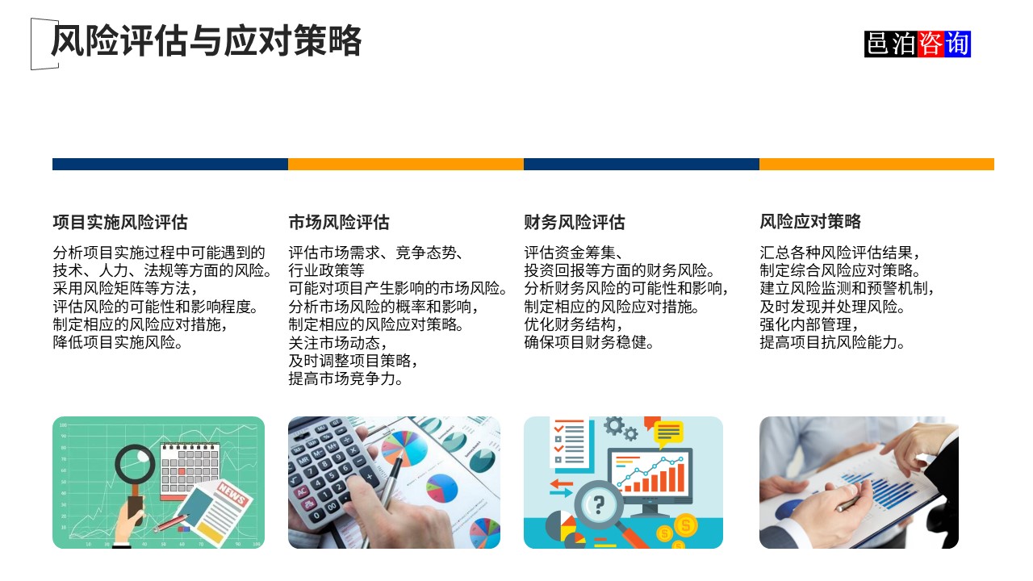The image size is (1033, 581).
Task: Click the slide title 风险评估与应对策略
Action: [x=206, y=41]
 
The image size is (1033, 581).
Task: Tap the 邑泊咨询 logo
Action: [x=917, y=44]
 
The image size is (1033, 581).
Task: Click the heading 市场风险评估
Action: [x=338, y=222]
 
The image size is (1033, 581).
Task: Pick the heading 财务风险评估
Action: [x=574, y=222]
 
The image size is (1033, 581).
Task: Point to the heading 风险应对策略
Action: [x=809, y=222]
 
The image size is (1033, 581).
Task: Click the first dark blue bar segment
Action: [x=169, y=164]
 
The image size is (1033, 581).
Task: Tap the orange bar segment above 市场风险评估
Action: [x=405, y=164]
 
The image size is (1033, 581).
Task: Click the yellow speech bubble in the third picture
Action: [x=669, y=434]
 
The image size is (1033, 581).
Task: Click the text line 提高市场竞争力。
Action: [x=346, y=379]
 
